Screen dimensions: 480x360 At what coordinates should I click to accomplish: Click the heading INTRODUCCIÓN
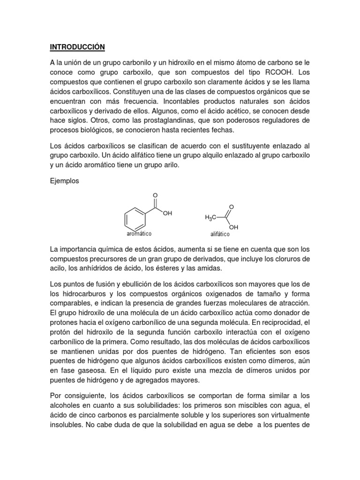pyautogui.click(x=77, y=47)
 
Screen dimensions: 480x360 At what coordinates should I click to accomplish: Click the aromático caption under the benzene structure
pyautogui.click(x=139, y=233)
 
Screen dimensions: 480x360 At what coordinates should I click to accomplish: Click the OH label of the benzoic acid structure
pyautogui.click(x=168, y=213)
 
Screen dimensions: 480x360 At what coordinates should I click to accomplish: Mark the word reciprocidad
pyautogui.click(x=279, y=323)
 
